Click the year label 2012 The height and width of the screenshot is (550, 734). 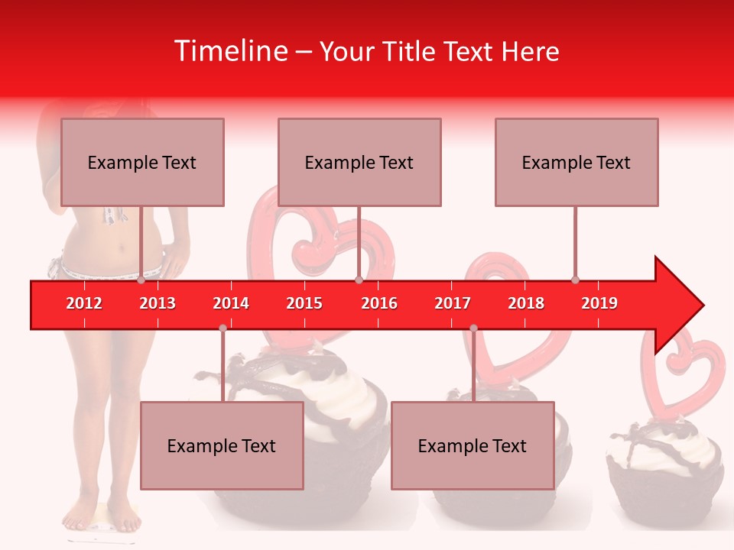84,303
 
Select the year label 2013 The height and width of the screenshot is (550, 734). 158,303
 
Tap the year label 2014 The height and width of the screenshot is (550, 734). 231,303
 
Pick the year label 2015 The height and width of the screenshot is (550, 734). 304,303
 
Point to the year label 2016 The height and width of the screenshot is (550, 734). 379,303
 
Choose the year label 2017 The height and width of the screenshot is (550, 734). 453,303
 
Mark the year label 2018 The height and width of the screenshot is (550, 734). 526,303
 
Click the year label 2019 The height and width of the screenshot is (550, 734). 599,303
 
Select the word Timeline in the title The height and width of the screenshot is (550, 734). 230,51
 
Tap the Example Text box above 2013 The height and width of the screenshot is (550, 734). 142,162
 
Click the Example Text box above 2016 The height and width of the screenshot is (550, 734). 359,162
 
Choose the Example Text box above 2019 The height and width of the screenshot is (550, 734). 576,162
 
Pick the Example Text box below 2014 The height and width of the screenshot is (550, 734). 222,445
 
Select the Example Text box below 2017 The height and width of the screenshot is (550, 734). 473,445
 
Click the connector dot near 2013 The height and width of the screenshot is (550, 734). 141,280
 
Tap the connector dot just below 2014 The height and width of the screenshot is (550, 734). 222,328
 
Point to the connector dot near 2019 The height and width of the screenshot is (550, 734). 576,280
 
